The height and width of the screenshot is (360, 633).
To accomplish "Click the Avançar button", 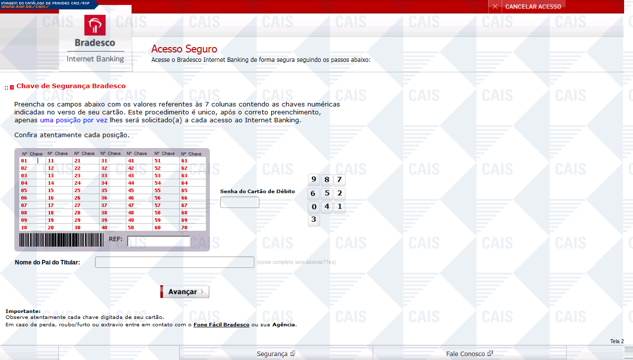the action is [x=185, y=292].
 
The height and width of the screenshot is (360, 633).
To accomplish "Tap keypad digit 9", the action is [x=314, y=180].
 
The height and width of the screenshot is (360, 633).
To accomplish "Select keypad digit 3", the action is [x=314, y=220].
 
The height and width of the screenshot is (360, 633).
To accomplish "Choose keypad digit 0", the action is [x=314, y=206].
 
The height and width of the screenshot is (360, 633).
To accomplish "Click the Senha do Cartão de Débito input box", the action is [x=240, y=202].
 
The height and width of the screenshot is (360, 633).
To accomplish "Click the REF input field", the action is [x=159, y=241].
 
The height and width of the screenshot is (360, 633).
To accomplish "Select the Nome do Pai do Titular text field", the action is [x=175, y=262].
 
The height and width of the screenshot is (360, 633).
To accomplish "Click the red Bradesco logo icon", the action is [x=95, y=25].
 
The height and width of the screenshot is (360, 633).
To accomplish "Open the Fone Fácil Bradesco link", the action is [x=221, y=325].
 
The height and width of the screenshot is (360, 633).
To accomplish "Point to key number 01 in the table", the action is [x=24, y=160].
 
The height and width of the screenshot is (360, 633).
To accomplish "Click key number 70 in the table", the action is [x=184, y=227].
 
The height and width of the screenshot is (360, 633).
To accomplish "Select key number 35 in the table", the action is [x=104, y=190].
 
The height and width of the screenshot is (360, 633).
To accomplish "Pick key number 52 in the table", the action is [x=157, y=168].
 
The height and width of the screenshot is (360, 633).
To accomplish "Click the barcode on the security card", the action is [x=61, y=240].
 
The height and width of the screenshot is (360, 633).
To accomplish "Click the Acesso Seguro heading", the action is [x=184, y=49].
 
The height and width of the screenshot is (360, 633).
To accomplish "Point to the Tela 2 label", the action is [x=617, y=341].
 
